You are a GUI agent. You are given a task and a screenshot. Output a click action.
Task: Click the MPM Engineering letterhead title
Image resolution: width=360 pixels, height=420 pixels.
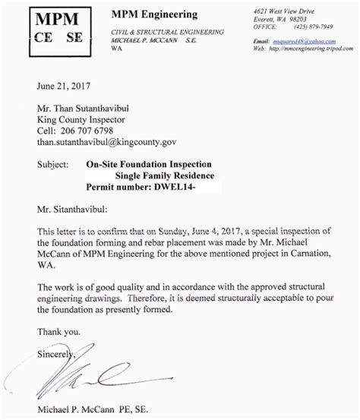(154, 14)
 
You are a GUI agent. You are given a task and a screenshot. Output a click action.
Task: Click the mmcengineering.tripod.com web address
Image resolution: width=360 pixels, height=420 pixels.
(311, 48)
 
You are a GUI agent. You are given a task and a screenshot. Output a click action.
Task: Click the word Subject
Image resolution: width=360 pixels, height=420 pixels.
(54, 163)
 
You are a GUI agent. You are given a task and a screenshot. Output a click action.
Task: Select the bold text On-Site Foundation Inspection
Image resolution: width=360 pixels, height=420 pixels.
(150, 163)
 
